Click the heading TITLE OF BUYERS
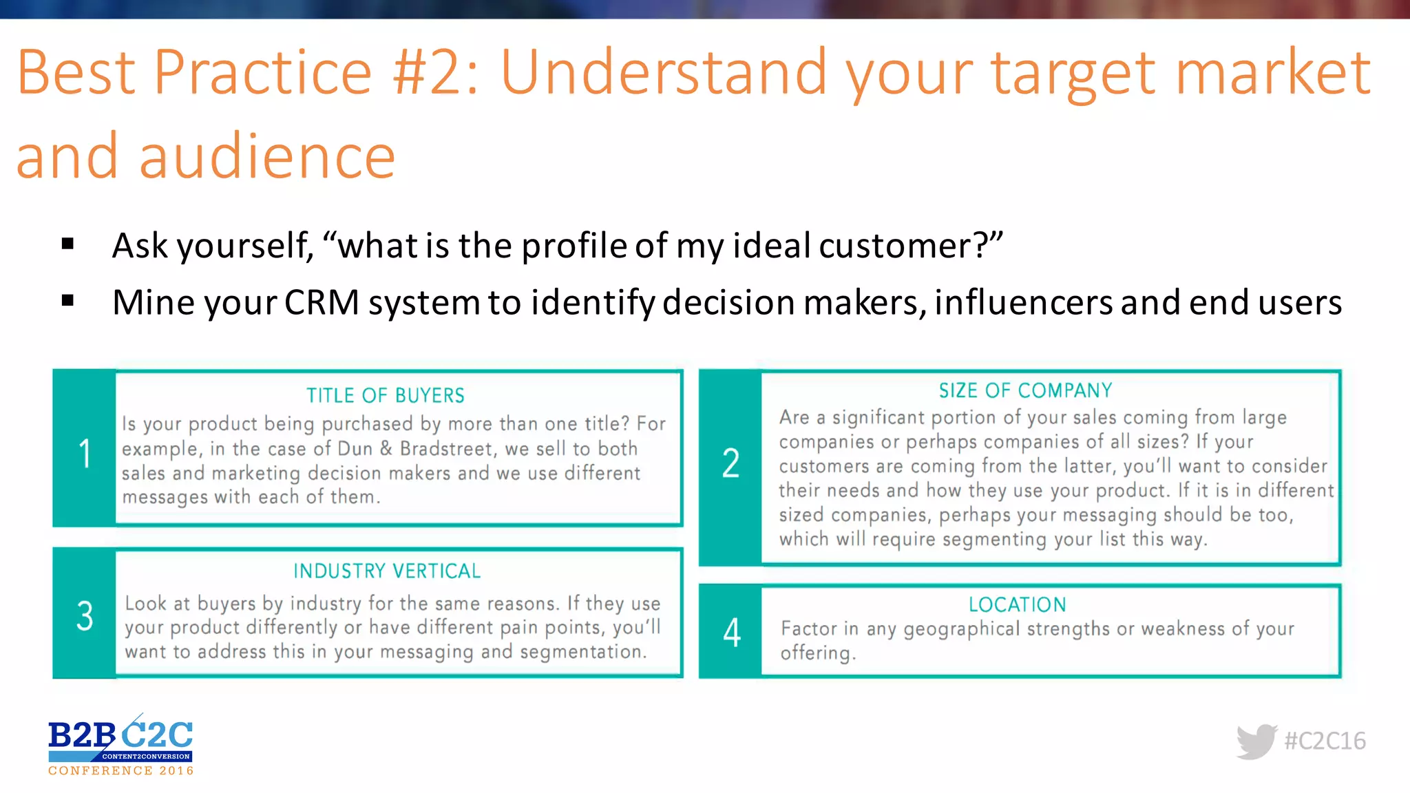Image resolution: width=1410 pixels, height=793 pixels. pos(386,396)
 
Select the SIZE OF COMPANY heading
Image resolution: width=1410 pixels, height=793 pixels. pos(1025,391)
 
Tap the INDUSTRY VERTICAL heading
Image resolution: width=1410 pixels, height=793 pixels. pos(387,571)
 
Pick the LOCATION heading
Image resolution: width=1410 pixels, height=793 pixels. pos(1017,605)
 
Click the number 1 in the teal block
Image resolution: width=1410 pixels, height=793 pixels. pos(85,454)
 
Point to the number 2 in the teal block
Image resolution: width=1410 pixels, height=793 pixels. pos(730,463)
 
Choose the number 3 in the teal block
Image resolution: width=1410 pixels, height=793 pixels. pos(85,615)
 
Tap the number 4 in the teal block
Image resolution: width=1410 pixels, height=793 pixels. pos(732,633)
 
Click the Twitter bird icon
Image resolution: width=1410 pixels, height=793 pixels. pos(1256,741)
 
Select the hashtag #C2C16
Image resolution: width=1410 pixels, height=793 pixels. pos(1325,741)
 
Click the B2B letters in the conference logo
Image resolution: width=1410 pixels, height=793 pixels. pos(81,736)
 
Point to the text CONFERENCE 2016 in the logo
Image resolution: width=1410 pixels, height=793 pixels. pos(121,771)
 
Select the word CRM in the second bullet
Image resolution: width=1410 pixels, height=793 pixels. pos(322,303)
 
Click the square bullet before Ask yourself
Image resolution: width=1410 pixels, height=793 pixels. pos(67,243)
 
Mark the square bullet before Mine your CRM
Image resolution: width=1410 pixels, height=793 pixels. pos(67,300)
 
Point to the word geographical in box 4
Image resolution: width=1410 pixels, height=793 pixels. pos(961,629)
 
